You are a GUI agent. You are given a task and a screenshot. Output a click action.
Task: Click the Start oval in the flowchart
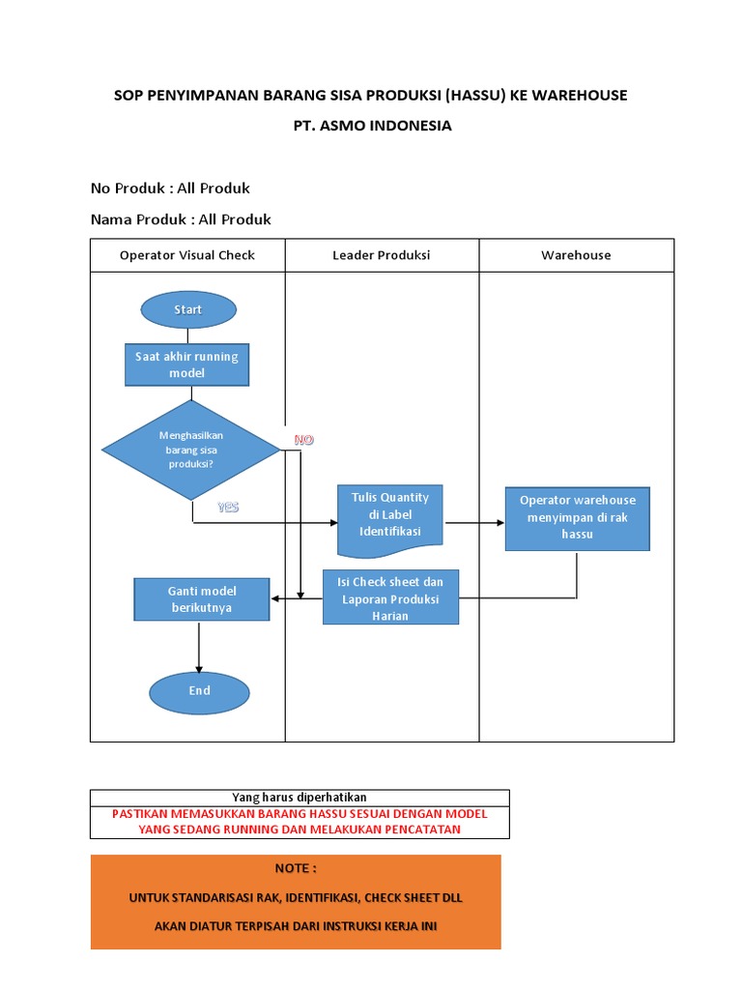188,309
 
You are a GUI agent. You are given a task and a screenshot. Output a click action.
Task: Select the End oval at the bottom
199,691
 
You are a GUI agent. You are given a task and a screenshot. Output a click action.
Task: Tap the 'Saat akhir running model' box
186,364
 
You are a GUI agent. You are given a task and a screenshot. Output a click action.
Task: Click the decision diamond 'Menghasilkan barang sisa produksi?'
190,450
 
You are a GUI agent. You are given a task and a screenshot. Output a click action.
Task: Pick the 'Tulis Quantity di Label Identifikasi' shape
390,517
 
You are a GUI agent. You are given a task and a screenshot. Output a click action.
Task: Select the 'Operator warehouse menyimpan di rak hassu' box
577,517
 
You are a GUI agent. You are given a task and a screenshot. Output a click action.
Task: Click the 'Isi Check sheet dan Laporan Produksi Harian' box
390,597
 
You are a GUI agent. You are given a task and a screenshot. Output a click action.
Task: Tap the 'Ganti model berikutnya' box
201,598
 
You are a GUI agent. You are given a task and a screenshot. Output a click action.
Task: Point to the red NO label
304,440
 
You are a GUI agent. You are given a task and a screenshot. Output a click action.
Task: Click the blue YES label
228,507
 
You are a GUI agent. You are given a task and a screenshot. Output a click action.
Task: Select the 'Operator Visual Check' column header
187,255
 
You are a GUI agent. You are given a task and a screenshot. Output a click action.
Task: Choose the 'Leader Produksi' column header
382,255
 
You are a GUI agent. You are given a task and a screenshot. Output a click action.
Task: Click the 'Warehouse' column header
576,255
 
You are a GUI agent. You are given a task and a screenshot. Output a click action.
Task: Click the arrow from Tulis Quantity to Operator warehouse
474,523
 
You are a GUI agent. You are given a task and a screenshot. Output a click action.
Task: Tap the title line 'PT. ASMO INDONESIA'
372,126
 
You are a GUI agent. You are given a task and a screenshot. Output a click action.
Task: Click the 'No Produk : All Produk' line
170,188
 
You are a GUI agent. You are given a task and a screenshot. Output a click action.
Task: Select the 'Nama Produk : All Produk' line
181,219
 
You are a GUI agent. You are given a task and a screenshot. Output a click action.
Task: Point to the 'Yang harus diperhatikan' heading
300,797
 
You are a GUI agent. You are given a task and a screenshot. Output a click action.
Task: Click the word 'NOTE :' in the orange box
296,868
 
